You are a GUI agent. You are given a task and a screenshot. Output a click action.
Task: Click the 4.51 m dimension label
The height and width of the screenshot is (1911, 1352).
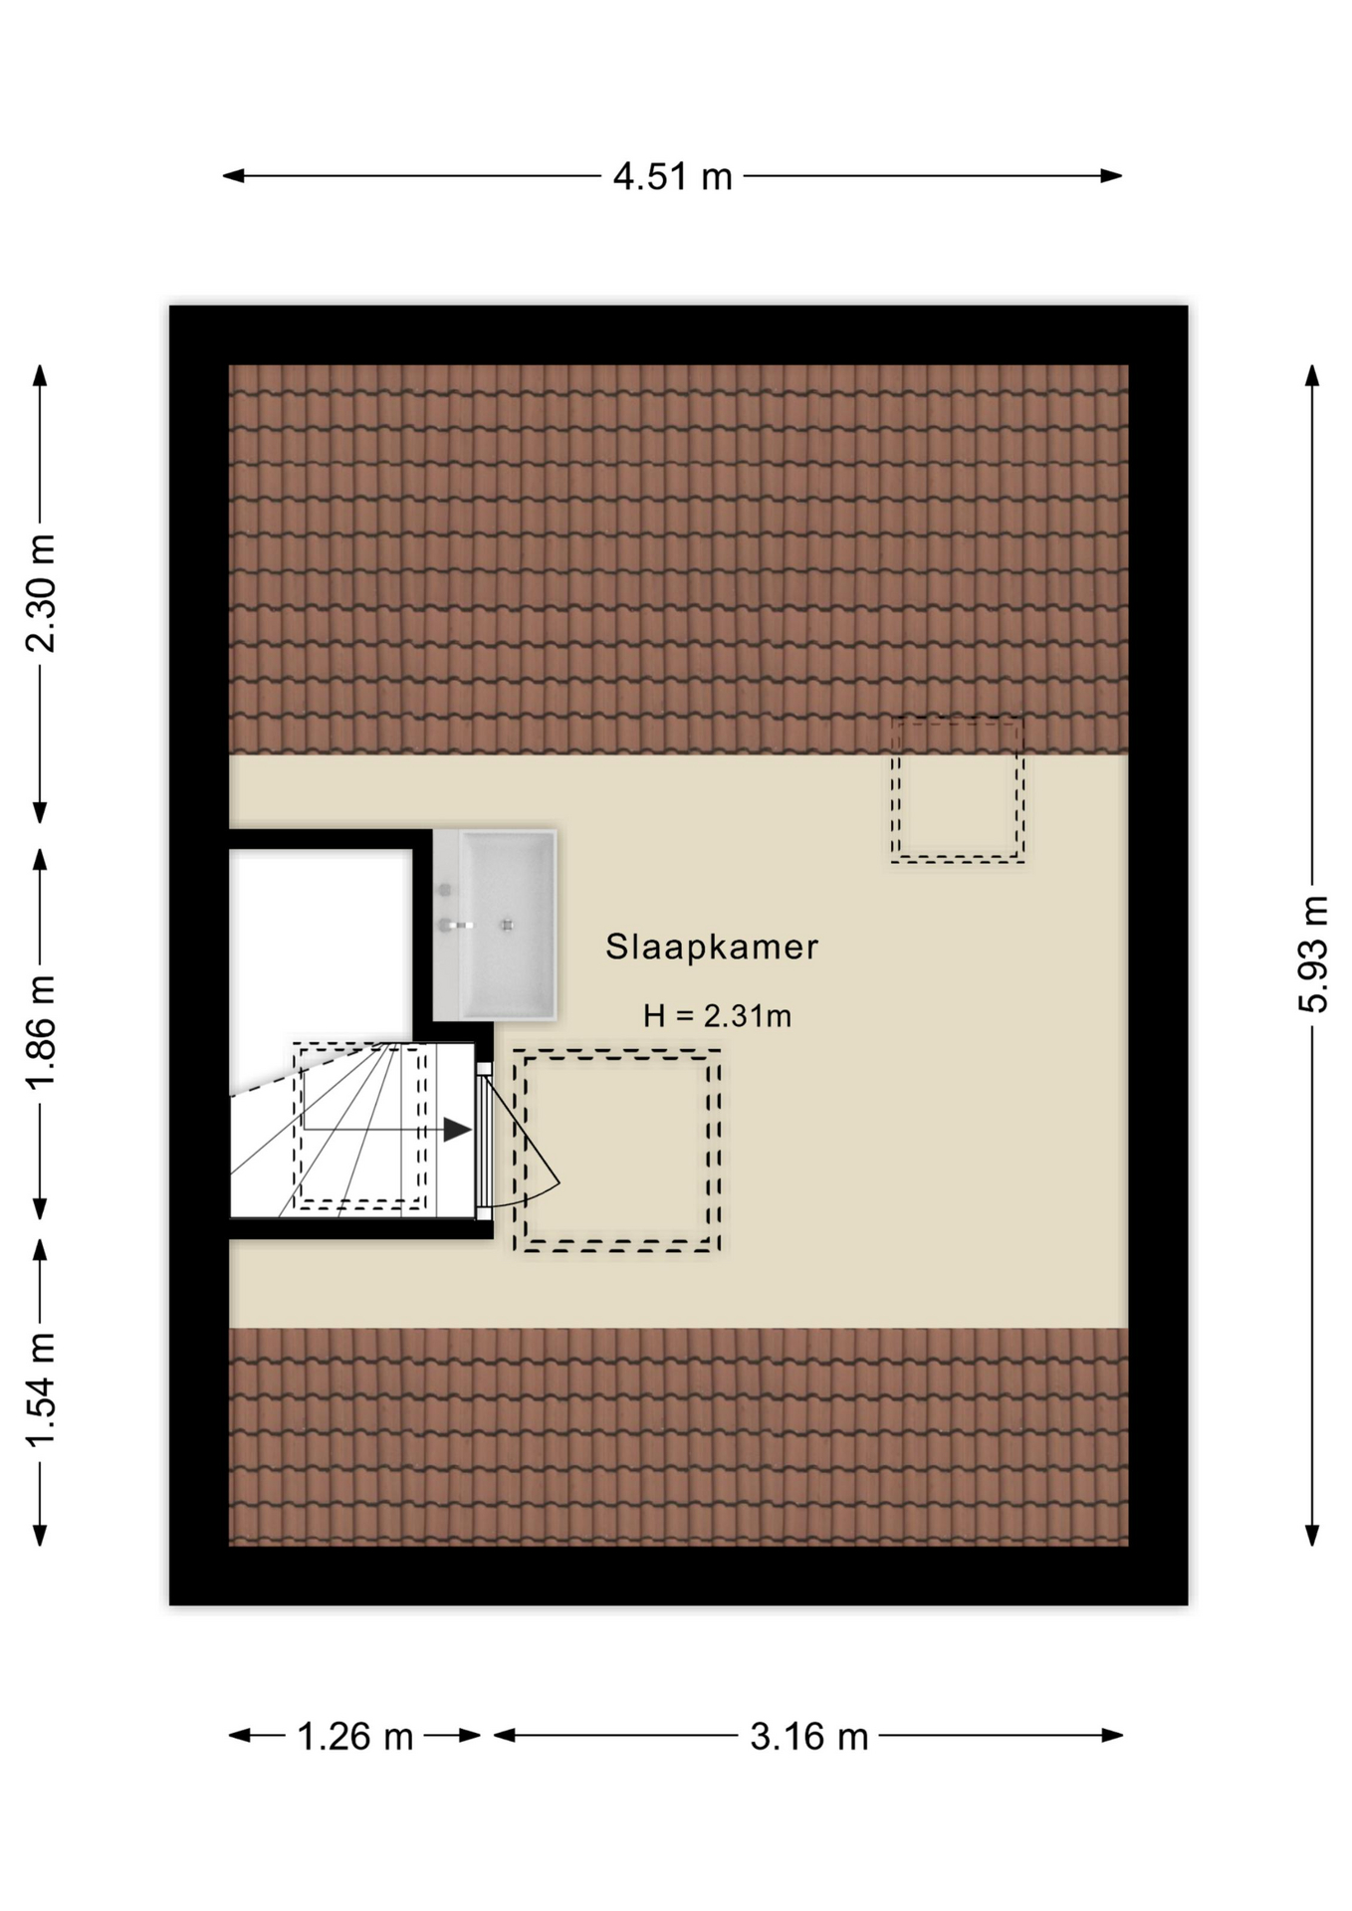[x=672, y=177]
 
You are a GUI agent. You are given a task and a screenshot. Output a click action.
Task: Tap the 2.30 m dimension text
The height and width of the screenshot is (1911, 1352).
[x=42, y=593]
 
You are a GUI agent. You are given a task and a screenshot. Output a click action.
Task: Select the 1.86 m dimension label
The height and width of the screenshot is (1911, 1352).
[x=42, y=1032]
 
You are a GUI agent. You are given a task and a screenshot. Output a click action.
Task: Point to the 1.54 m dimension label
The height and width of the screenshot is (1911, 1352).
[x=42, y=1390]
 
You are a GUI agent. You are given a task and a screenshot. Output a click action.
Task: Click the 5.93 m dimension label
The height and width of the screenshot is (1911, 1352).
[x=1313, y=954]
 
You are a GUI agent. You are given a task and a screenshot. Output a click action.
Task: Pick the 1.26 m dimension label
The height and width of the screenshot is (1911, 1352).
[x=355, y=1737]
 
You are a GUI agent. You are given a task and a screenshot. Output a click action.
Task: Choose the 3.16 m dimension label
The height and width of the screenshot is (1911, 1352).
[x=808, y=1737]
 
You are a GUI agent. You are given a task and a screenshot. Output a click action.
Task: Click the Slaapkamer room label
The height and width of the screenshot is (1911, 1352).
[x=712, y=947]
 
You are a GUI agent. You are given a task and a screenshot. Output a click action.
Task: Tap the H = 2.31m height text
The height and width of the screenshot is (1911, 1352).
[x=717, y=1016]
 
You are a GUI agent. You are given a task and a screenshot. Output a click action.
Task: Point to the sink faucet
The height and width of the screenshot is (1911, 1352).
[x=454, y=925]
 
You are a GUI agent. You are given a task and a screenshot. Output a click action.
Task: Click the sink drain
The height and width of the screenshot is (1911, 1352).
[x=508, y=925]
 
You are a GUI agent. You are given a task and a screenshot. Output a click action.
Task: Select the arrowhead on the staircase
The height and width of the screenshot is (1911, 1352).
[x=457, y=1130]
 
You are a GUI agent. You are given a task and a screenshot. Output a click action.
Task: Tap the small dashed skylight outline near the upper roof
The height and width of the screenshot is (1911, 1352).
[x=957, y=789]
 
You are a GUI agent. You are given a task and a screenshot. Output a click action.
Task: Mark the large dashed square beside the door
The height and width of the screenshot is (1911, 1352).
[x=617, y=1150]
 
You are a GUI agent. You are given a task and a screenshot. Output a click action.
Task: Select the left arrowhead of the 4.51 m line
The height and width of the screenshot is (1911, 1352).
[x=233, y=176]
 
